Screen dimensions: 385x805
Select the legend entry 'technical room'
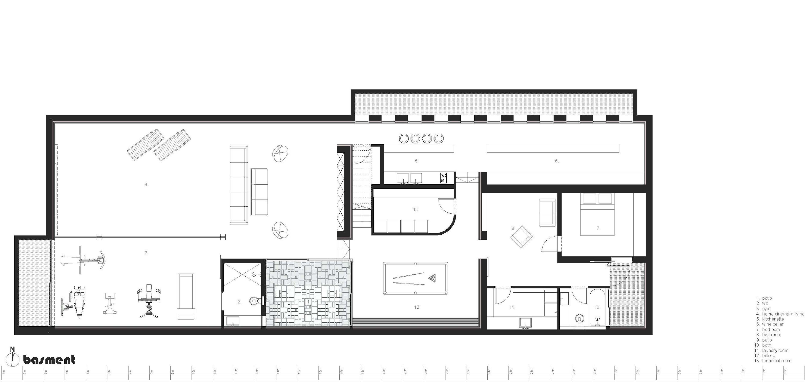click(776, 361)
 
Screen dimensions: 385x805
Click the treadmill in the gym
click(186, 296)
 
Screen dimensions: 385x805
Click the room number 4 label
click(146, 185)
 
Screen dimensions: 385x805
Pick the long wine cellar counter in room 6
click(553, 148)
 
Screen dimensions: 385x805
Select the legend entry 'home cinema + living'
click(783, 314)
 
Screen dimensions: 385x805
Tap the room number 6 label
click(557, 161)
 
